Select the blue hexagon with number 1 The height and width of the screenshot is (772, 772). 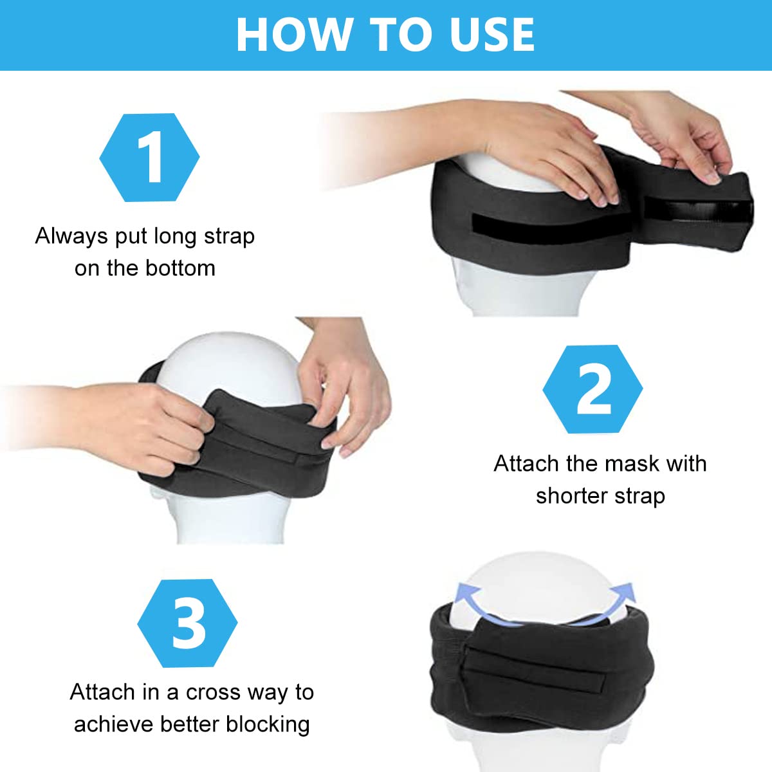tap(149, 158)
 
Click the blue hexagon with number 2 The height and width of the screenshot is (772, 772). tap(593, 389)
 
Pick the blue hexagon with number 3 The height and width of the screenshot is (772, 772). tap(187, 623)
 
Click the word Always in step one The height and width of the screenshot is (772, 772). tap(71, 236)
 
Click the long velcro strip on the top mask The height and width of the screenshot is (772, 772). tap(547, 223)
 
